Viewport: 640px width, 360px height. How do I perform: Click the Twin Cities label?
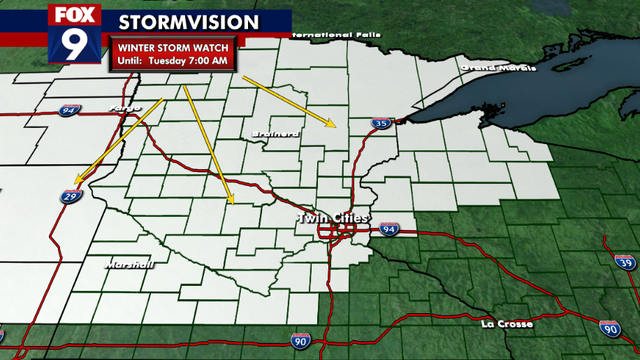pyautogui.click(x=333, y=218)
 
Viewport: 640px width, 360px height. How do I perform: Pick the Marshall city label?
pyautogui.click(x=130, y=265)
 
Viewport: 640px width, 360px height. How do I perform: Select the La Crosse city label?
pyautogui.click(x=507, y=324)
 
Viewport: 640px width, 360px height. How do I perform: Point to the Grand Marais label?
pyautogui.click(x=490, y=68)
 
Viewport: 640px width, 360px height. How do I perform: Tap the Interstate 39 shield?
pyautogui.click(x=625, y=262)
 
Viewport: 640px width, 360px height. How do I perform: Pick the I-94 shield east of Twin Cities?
pyautogui.click(x=389, y=230)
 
